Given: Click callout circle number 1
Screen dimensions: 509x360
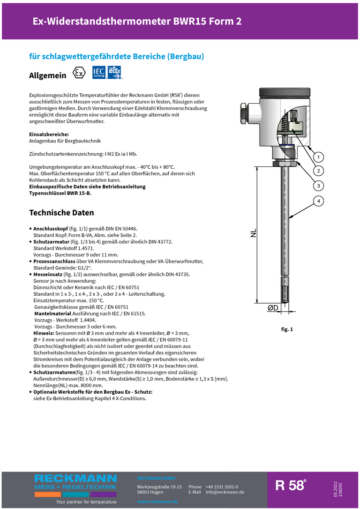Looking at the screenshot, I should [318, 157].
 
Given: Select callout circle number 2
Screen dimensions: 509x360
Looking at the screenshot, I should [318, 171].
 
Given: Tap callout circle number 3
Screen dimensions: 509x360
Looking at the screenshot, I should [318, 186].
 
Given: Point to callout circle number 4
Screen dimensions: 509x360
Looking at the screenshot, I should [318, 201].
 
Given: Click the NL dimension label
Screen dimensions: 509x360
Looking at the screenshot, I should [254, 233].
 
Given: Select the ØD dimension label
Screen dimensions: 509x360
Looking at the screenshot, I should [273, 308].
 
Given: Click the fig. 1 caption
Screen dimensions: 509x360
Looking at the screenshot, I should [287, 329].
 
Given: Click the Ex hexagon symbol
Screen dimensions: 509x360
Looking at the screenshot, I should [79, 74].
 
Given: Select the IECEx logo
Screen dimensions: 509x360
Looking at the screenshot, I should [115, 72].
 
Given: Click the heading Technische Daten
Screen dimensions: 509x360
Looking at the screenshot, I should [61, 212].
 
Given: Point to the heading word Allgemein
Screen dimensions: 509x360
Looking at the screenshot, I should [47, 75].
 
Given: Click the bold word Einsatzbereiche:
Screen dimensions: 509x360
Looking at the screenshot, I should [49, 135].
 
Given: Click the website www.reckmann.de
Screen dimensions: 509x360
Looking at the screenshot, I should [157, 502].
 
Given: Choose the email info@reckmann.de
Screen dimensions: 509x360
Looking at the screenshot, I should [225, 492].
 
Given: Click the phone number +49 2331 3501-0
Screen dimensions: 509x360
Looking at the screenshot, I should [222, 487].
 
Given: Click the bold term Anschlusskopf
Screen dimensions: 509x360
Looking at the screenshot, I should [51, 228].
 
